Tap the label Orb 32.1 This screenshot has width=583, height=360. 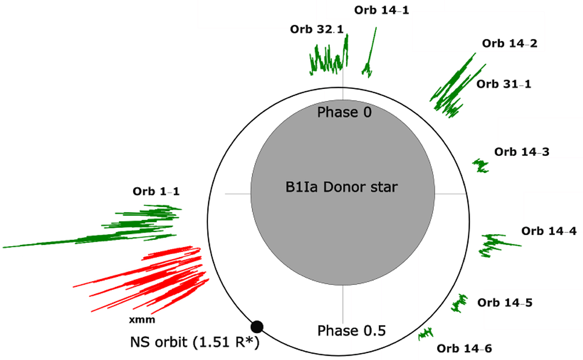(x=317, y=29)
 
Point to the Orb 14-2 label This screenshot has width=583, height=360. (x=510, y=43)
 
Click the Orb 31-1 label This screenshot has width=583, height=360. (x=504, y=84)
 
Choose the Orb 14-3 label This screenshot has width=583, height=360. (x=522, y=152)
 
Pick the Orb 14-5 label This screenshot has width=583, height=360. (x=505, y=303)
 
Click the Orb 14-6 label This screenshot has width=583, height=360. (x=464, y=347)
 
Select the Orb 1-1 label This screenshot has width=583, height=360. (x=156, y=191)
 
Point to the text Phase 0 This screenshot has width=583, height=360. (x=344, y=113)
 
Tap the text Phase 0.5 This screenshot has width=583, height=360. (x=351, y=331)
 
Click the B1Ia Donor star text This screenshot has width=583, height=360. (x=342, y=187)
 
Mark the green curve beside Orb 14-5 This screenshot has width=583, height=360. (x=458, y=302)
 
